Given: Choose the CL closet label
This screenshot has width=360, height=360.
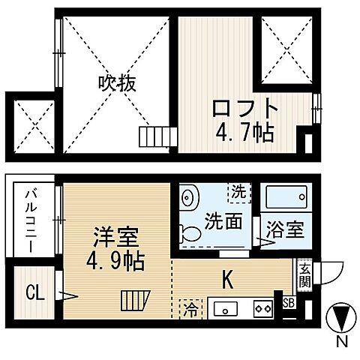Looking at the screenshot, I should click(34, 291).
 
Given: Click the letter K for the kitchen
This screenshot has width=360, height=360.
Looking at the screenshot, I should click(226, 280).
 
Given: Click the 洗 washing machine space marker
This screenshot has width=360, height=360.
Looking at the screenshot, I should click(238, 191).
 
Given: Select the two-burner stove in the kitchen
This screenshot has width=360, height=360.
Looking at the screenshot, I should click(262, 307).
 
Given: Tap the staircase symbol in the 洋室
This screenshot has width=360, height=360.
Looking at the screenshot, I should click(134, 301).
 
